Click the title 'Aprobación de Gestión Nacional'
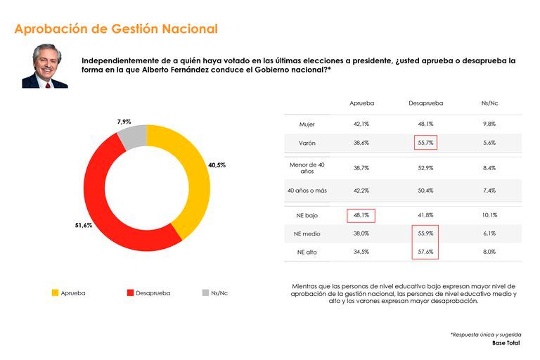[x=116, y=29]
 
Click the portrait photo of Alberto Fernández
[x=45, y=67]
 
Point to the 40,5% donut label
[x=217, y=165]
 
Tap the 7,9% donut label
[x=124, y=122]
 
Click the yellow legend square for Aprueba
[x=56, y=292]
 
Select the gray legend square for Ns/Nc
[x=205, y=292]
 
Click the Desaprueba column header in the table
[x=425, y=103]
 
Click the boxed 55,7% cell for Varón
[x=425, y=143]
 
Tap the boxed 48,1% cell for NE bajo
[x=361, y=215]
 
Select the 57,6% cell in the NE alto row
[x=425, y=252]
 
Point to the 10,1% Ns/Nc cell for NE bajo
[x=489, y=215]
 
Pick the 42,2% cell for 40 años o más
[x=361, y=190]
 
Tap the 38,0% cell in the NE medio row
[x=361, y=233]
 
